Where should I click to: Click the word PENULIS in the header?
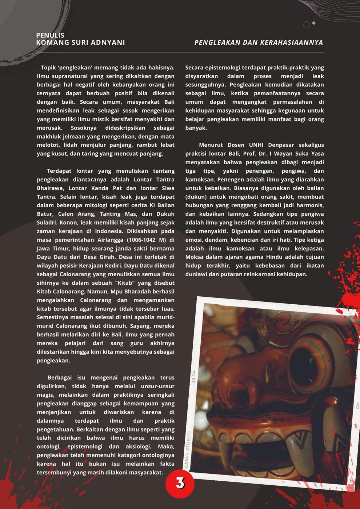[x=50, y=35]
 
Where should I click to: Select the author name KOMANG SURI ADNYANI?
[x=80, y=43]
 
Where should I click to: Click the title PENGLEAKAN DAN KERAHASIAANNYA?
[x=259, y=43]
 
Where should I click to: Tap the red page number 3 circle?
[x=180, y=483]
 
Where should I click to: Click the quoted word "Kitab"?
[x=135, y=283]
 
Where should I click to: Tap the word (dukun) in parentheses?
[x=196, y=197]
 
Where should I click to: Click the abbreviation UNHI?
[x=257, y=145]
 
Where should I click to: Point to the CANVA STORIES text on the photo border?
[x=188, y=449]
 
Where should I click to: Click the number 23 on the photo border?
[x=193, y=380]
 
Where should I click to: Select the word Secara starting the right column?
[x=195, y=68]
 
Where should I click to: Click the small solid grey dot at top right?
[x=314, y=23]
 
